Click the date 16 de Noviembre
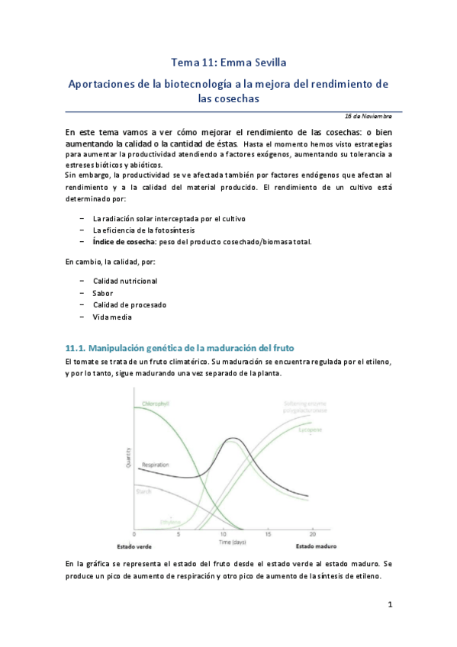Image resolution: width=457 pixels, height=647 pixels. click(368, 117)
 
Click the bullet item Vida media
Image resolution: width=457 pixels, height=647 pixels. click(111, 317)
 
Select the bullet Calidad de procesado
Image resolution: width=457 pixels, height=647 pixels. click(129, 304)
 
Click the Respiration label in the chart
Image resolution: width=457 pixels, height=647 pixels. click(155, 465)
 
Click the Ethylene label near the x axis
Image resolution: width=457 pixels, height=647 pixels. click(170, 522)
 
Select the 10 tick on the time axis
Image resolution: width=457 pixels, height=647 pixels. click(224, 533)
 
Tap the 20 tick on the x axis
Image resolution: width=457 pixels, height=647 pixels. click(313, 533)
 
